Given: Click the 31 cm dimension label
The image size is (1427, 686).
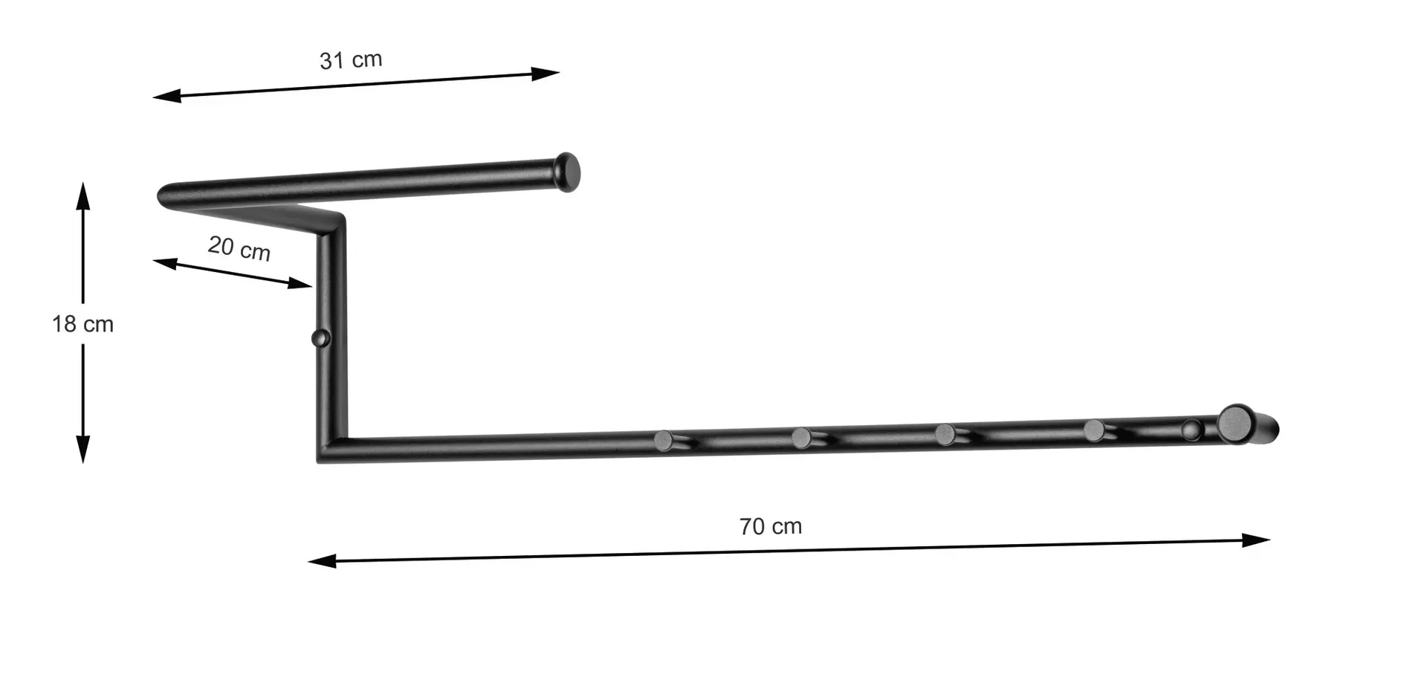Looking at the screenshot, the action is pos(351,59).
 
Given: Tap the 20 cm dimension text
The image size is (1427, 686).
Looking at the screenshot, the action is pos(239,248).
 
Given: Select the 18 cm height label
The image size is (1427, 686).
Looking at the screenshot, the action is pos(82,324).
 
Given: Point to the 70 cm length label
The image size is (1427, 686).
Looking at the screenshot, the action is pos(771,526).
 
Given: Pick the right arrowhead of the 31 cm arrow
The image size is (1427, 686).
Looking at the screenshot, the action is pos(546,74).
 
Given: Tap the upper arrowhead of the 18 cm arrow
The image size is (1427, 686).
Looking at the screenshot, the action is pos(82,195).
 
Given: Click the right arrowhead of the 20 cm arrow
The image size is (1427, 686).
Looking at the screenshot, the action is pos(299,282).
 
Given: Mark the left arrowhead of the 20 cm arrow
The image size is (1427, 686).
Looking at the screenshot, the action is pos(166,262).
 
